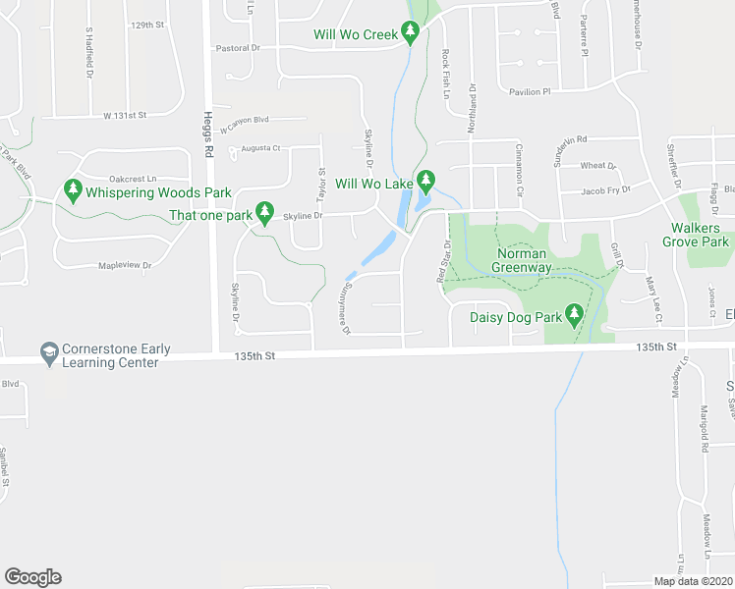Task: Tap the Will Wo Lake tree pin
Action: click(x=425, y=182)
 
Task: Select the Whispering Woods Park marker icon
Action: click(x=72, y=190)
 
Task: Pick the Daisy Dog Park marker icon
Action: click(x=575, y=316)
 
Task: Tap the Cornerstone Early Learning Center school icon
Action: click(x=48, y=351)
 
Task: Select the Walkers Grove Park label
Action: click(x=695, y=235)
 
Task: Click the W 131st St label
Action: click(x=125, y=115)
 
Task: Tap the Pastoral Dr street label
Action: click(x=237, y=47)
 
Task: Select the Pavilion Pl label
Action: click(x=530, y=91)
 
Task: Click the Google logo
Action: click(x=32, y=577)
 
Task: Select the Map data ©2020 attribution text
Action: click(x=694, y=581)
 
